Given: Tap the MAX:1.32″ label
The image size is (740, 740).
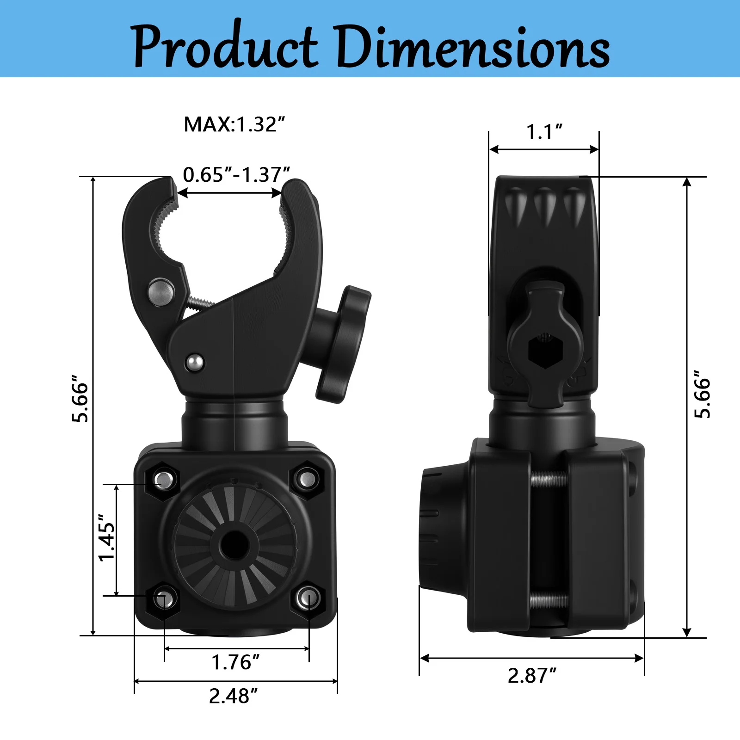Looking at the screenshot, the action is [234, 124].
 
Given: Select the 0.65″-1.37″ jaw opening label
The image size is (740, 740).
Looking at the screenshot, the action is [236, 175].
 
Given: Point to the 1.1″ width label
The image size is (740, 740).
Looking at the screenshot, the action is [544, 132].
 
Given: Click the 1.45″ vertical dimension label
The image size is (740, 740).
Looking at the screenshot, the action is [107, 537].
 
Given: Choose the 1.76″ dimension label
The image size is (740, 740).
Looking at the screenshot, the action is [235, 662].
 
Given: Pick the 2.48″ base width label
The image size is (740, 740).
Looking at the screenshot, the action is [233, 696].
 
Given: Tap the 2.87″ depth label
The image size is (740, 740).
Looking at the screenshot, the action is [532, 676].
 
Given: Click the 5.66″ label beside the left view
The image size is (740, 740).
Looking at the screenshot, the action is [80, 401].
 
